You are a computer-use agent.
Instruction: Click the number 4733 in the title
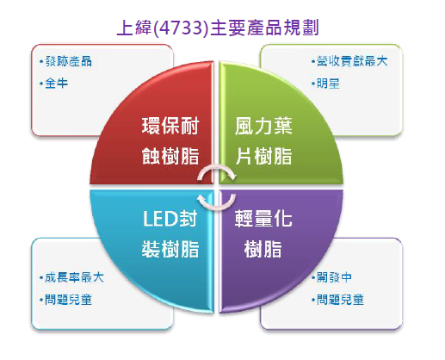coord(180,28)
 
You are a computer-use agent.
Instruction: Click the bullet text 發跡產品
coord(69,61)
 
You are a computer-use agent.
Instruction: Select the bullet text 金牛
coord(57,84)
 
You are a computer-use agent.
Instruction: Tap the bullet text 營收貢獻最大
coord(352,61)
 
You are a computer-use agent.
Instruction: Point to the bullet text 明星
coord(328,84)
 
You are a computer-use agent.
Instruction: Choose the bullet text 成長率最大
coord(74,277)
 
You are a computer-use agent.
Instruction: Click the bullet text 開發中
coord(334,277)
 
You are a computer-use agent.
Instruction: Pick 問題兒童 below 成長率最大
coord(69,300)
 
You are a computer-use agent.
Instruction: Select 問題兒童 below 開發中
coord(340,300)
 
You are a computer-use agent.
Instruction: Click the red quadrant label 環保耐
coord(170,126)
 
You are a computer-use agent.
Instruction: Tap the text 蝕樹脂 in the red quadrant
coord(170,156)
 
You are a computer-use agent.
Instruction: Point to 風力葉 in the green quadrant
coord(263,126)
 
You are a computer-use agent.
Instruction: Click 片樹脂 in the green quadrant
coord(263,156)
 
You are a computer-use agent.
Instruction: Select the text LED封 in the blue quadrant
coord(170,219)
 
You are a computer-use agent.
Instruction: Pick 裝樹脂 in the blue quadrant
coord(170,249)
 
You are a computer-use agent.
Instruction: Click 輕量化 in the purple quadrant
coord(263,219)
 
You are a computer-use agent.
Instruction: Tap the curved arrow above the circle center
coord(217,167)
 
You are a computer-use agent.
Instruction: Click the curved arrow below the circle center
coord(217,208)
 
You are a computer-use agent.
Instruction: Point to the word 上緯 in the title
coord(134,28)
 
